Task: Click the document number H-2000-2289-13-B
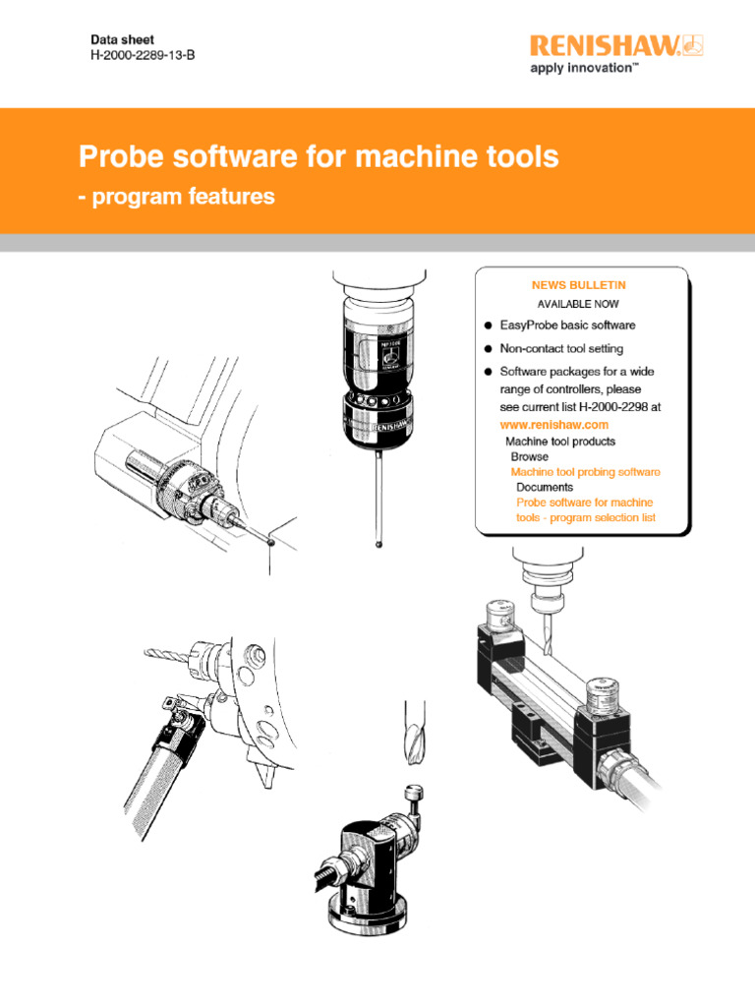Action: [x=143, y=55]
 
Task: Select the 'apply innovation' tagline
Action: [x=586, y=68]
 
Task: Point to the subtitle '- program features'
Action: [x=177, y=197]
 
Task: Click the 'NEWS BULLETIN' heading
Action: [x=578, y=284]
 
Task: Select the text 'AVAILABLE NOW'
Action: [x=578, y=304]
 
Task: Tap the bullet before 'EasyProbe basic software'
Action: [x=488, y=326]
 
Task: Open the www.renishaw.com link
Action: [x=554, y=424]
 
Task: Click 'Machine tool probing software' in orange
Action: [x=585, y=472]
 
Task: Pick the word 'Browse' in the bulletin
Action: [x=530, y=457]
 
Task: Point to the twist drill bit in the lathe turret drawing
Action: [x=172, y=652]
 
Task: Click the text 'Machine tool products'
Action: [x=560, y=442]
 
